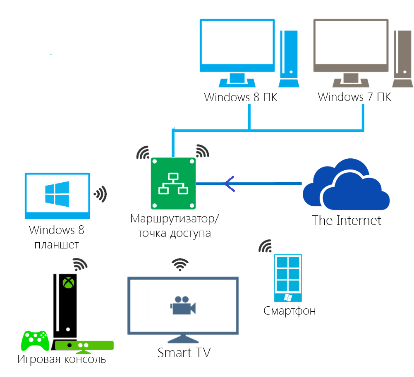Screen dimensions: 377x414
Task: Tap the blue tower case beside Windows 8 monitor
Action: coord(288,58)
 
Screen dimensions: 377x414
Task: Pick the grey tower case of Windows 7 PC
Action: coord(402,58)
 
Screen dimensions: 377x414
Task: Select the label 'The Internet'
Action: coord(347,220)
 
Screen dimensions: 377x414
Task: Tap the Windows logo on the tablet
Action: coord(57,195)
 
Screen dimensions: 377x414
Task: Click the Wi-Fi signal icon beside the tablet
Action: coord(101,193)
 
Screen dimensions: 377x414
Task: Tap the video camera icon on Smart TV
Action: coord(182,305)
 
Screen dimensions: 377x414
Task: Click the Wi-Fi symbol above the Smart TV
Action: coord(180,264)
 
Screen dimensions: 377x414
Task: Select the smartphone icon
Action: coord(288,277)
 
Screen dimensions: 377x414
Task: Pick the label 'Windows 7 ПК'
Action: coord(354,98)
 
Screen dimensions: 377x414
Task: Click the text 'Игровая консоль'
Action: coord(62,359)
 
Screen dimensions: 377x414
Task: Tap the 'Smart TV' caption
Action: coord(184,353)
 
